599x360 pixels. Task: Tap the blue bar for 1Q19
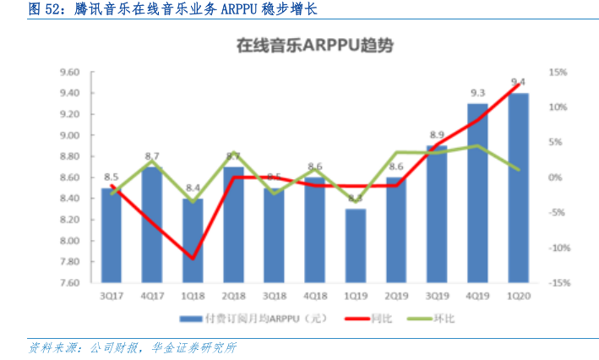(x=355, y=245)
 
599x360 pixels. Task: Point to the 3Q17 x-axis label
(x=110, y=296)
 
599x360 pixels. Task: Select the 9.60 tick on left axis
(x=69, y=72)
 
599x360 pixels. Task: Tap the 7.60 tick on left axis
(x=69, y=283)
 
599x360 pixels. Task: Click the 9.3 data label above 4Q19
(x=477, y=93)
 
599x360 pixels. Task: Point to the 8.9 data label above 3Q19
(x=437, y=135)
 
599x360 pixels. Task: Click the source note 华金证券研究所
(x=193, y=346)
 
